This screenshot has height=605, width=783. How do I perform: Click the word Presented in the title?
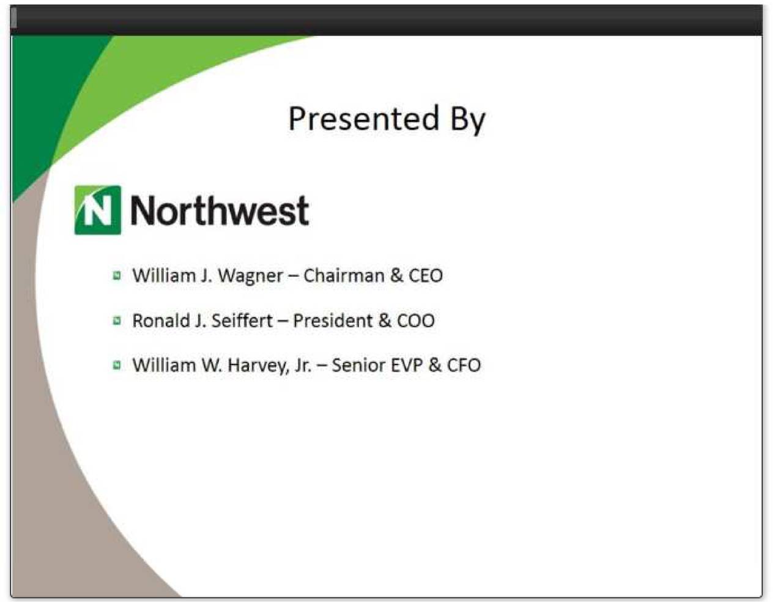click(363, 118)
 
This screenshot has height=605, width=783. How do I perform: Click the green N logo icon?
click(98, 210)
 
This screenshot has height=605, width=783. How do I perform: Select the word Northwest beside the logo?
click(220, 210)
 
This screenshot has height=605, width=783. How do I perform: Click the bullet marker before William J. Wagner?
click(117, 276)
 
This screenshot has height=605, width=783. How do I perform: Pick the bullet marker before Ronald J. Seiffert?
click(117, 321)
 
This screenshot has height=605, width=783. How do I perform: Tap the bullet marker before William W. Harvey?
click(117, 365)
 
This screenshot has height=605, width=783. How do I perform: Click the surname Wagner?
click(250, 276)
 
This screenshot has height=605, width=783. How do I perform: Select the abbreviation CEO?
click(426, 275)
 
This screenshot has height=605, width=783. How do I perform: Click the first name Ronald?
click(161, 321)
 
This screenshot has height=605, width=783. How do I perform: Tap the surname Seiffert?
click(242, 321)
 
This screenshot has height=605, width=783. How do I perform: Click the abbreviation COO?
click(416, 321)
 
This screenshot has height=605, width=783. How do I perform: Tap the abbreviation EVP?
click(407, 365)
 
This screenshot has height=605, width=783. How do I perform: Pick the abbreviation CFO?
click(464, 365)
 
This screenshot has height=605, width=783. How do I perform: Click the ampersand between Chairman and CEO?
click(397, 275)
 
